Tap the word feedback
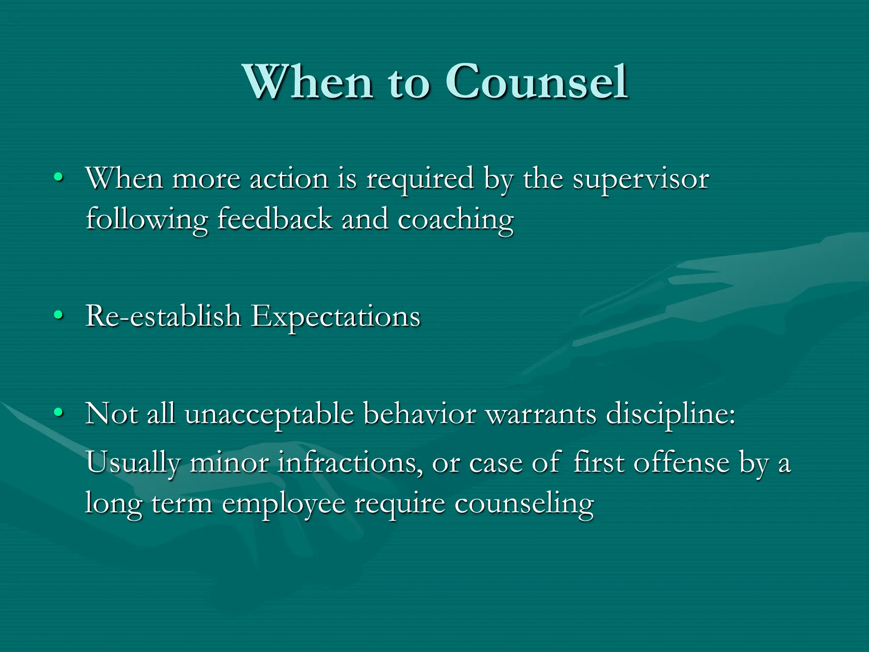click(275, 220)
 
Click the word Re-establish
click(163, 316)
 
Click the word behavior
click(420, 413)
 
